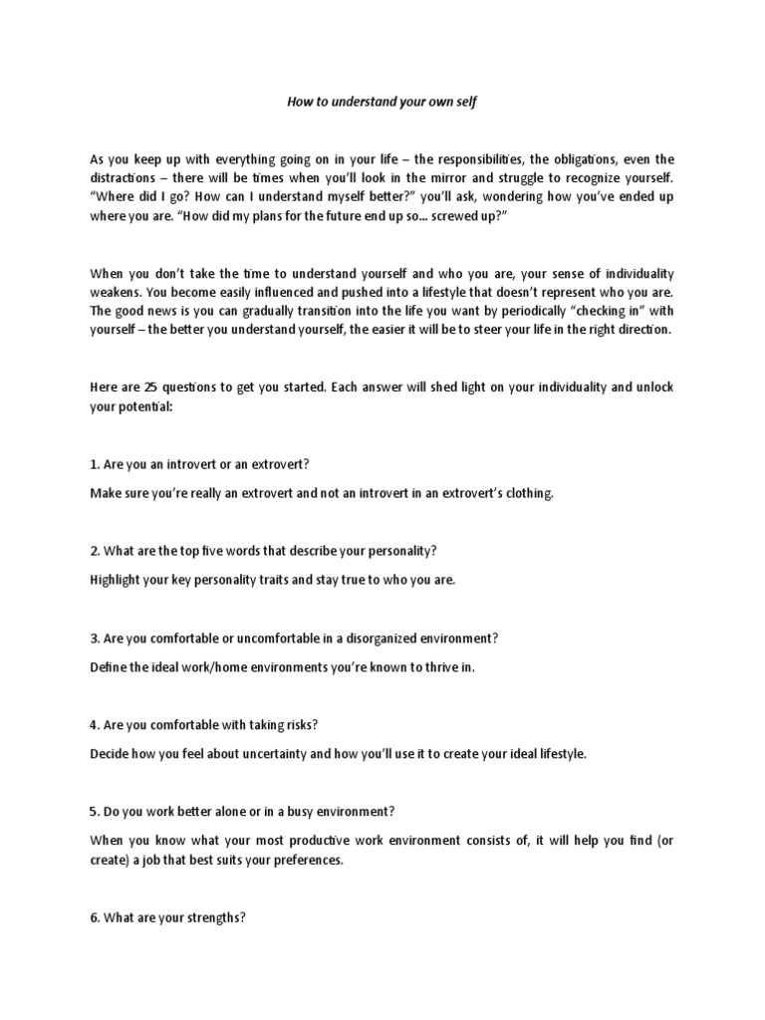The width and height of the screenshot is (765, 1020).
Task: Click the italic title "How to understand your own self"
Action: point(382,102)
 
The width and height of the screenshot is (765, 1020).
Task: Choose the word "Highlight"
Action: point(119,580)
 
